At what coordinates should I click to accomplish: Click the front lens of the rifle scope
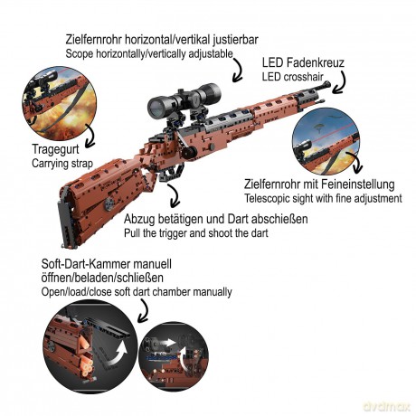[156, 107]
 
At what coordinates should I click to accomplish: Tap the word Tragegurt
[55, 149]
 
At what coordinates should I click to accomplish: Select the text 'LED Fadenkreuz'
[303, 62]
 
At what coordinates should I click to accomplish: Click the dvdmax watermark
[387, 406]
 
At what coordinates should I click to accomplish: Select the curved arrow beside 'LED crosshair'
[340, 82]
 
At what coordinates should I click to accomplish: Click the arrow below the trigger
[174, 196]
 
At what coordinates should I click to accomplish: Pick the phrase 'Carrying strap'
[62, 164]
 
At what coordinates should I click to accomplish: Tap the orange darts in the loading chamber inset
[85, 355]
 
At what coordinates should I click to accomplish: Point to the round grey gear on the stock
[109, 204]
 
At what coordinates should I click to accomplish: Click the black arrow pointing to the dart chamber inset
[144, 312]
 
